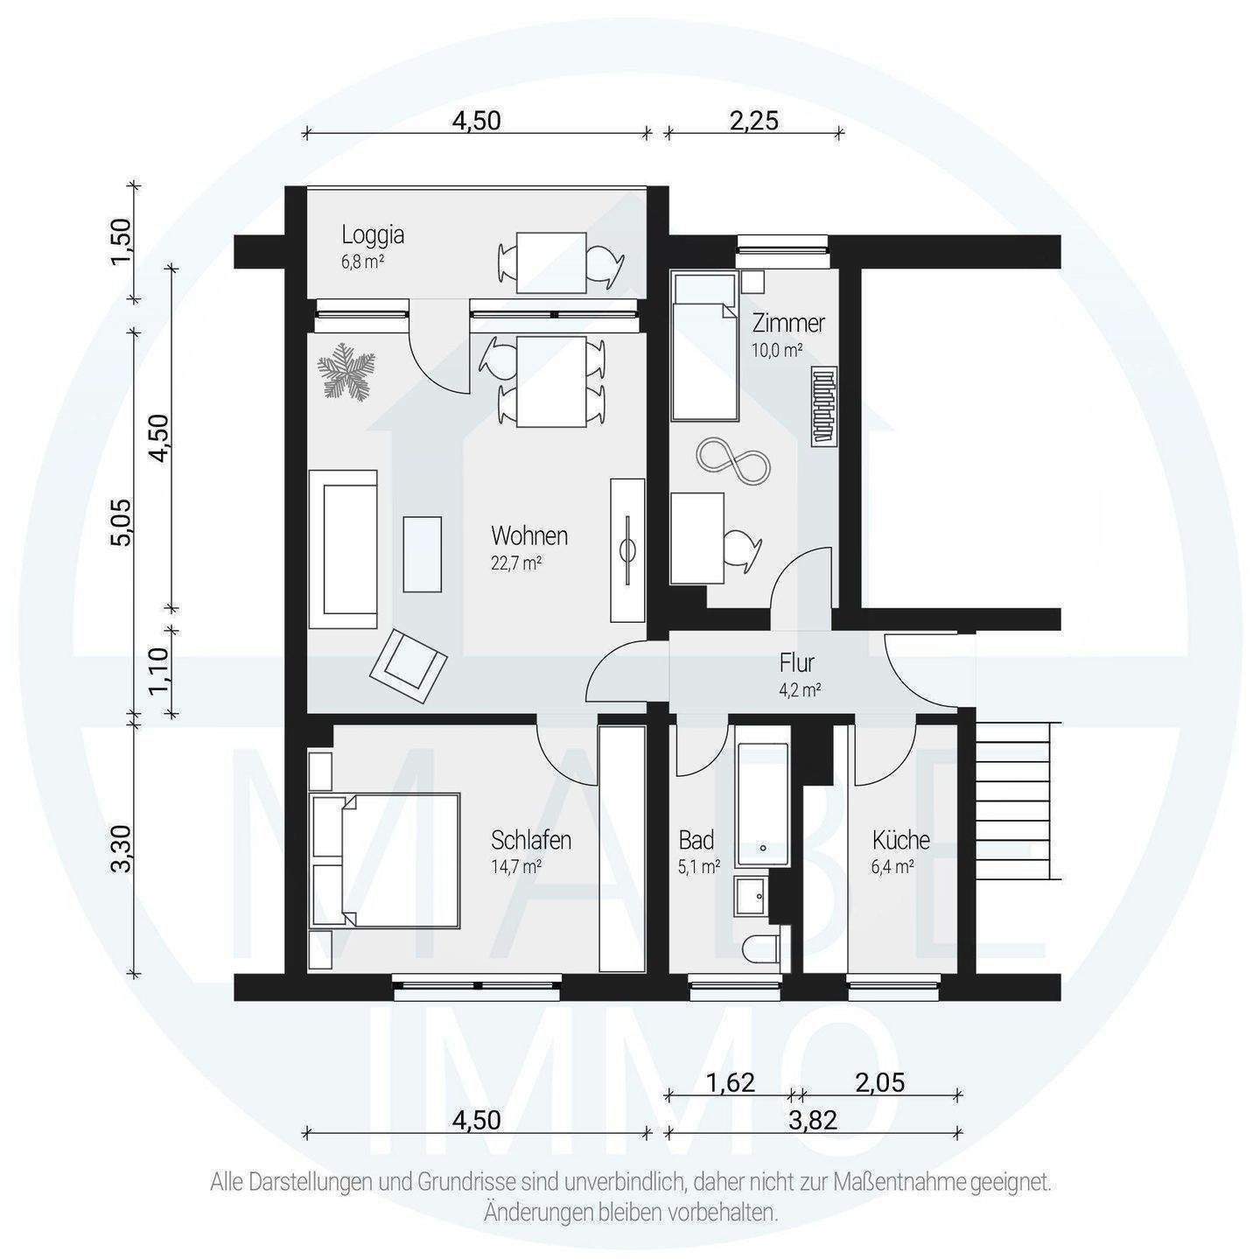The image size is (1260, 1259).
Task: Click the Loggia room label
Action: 373,234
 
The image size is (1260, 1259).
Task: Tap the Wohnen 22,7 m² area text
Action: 516,563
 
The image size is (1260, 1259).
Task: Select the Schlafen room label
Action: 531,840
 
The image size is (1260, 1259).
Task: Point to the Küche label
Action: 900,839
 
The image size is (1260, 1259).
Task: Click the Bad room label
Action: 696,840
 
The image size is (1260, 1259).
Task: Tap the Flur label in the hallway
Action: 796,663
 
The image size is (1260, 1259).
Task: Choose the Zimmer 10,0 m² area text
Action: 777,350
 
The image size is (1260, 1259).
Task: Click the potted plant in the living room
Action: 346,369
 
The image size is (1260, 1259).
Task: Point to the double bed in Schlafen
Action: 386,860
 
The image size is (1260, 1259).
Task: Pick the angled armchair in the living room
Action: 408,666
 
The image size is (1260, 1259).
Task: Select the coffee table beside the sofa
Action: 422,553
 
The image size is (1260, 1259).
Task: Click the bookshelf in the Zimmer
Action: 823,406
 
